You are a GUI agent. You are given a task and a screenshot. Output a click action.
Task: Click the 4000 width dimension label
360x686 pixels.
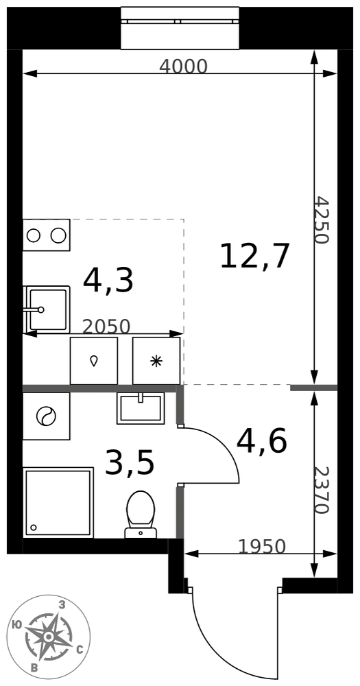pos(183,66)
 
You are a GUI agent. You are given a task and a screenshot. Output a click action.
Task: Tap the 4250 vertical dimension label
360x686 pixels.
pos(322,220)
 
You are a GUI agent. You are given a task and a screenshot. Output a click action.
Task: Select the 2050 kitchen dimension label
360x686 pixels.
pos(106,327)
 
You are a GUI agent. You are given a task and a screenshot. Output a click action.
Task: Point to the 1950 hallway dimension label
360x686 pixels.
pos(261,546)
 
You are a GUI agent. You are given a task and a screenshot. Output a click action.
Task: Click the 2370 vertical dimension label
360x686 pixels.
pos(322,490)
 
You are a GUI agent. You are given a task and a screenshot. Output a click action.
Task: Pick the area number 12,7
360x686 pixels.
pos(255,257)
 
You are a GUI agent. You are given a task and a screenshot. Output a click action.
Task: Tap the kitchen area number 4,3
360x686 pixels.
pos(108,281)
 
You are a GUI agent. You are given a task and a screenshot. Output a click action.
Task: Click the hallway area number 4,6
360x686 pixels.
pos(261,440)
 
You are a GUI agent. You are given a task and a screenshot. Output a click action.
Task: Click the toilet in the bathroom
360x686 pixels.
pos(141,514)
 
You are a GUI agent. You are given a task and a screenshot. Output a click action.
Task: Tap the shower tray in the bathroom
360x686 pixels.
pos(58,502)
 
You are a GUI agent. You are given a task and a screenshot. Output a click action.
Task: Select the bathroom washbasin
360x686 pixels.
pos(141,408)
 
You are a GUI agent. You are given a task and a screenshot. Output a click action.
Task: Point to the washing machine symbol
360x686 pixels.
pos(47,416)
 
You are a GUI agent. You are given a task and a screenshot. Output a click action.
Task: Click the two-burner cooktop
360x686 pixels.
pos(47,235)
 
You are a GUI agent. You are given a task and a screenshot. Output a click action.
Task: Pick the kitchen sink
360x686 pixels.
pos(47,309)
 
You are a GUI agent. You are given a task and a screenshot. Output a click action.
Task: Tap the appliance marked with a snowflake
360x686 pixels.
pos(156,361)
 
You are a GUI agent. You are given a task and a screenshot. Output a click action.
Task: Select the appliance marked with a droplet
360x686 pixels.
pos(94,361)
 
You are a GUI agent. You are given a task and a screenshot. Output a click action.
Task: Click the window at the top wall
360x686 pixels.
pos(180,28)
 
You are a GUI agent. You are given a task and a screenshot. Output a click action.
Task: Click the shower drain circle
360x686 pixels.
pos(33,528)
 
